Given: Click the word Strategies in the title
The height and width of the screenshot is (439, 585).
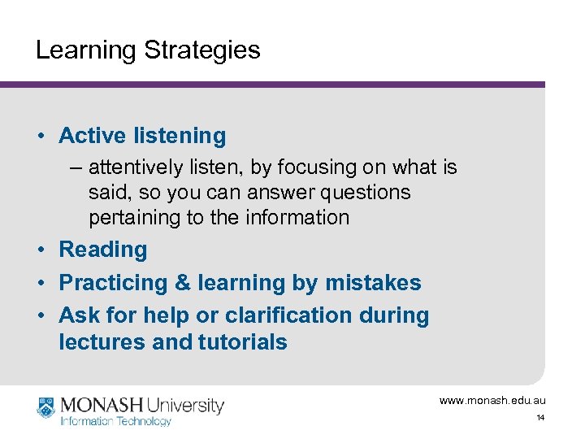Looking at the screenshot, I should click(202, 50).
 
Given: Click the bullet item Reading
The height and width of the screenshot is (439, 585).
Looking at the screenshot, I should click(103, 250).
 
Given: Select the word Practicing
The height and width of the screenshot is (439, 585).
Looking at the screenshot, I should click(112, 283).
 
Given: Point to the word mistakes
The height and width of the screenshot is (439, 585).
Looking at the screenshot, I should click(373, 283).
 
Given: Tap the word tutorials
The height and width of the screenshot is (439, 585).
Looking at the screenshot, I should click(242, 342).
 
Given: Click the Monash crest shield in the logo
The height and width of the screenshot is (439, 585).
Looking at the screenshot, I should click(45, 406).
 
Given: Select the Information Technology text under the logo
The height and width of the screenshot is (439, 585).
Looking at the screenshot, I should click(115, 421).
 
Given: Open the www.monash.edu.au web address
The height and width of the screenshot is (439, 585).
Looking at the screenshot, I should click(492, 401).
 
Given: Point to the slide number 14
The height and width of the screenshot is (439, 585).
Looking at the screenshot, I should click(539, 418).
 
